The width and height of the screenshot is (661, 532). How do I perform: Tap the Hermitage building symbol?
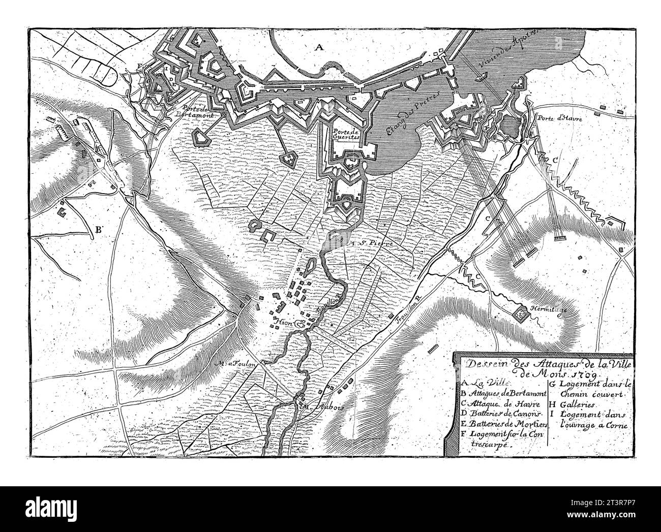click(x=521, y=315)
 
